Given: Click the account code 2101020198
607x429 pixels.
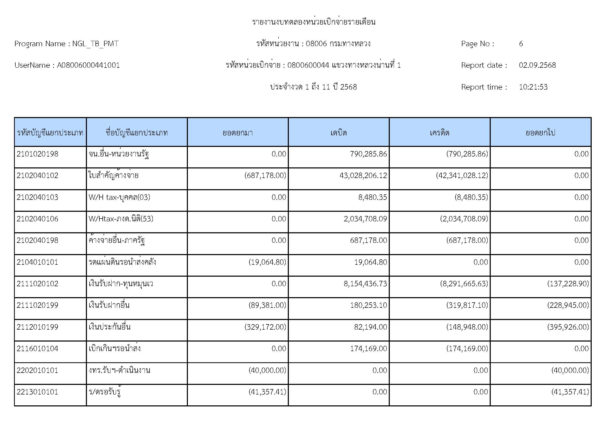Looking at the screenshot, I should click(x=37, y=154).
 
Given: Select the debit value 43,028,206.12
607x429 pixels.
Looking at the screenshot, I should click(x=363, y=175).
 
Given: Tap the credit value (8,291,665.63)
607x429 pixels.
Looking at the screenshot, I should click(x=464, y=284).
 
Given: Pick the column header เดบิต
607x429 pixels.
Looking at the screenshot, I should click(x=338, y=132).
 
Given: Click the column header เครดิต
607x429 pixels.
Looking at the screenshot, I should click(x=439, y=132).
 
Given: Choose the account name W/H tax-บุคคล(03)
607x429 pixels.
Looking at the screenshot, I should click(x=119, y=197).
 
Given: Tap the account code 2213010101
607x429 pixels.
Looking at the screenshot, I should click(x=37, y=392).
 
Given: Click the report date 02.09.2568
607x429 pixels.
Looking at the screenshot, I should click(x=537, y=65).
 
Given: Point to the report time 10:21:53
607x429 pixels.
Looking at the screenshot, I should click(x=533, y=87).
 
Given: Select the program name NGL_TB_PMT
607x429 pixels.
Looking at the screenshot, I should click(x=95, y=44).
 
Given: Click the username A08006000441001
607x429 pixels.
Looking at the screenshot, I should click(x=88, y=65).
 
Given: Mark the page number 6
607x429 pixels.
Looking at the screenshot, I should click(x=521, y=44).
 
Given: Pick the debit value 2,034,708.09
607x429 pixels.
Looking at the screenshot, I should click(x=365, y=219).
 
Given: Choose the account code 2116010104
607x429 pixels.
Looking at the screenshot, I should click(x=37, y=349).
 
